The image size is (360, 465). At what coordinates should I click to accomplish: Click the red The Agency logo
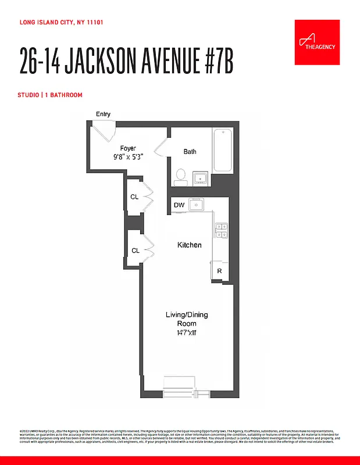point(316,41)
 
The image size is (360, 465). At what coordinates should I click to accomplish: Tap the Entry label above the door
point(103,115)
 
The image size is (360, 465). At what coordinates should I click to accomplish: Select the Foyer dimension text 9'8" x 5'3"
point(128,157)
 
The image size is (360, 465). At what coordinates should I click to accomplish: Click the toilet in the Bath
point(181,175)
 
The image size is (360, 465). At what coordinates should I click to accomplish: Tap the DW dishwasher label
point(179,205)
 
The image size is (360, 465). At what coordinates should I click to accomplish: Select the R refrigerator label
point(220,271)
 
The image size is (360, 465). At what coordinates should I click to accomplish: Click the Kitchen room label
point(189,245)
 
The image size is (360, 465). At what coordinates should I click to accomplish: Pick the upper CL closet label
point(135,197)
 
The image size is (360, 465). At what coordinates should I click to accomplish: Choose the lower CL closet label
point(135,251)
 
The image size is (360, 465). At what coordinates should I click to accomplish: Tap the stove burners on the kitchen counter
point(221,230)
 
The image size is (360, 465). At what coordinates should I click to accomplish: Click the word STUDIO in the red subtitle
point(28,95)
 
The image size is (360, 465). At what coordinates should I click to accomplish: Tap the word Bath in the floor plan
point(190,152)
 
